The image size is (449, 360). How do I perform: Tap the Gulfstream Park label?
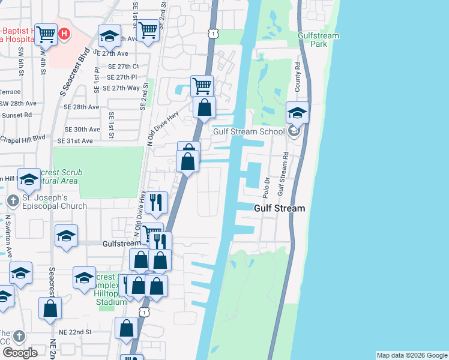318,40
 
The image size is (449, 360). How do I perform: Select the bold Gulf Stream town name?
279,208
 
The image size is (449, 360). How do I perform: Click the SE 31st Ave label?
75,140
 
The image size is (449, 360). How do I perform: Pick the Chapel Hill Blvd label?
23,137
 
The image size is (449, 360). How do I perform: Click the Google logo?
20,352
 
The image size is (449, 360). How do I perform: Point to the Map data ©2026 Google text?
412,355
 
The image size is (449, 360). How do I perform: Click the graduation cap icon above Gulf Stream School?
297,112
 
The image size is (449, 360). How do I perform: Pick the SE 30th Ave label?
82,129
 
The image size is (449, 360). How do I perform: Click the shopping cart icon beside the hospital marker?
45,35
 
